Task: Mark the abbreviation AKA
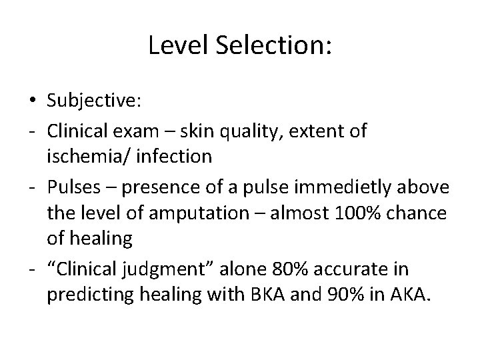[409, 294]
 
